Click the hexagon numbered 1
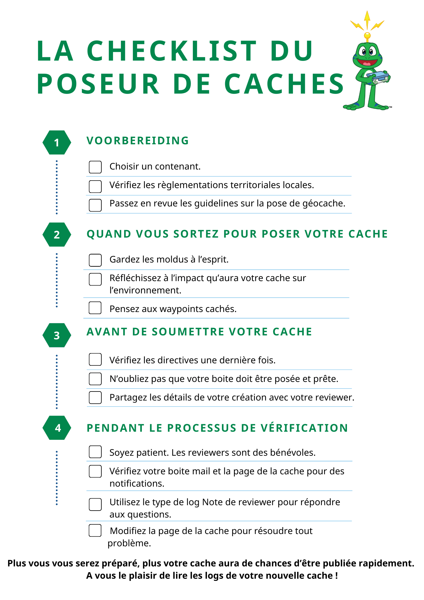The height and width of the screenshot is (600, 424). tap(57, 142)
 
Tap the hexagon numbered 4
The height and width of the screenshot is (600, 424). tap(57, 428)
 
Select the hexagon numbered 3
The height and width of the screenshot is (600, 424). tap(57, 335)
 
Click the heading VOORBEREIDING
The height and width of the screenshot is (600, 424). tap(138, 141)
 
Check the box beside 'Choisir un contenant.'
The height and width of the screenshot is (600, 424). tap(95, 167)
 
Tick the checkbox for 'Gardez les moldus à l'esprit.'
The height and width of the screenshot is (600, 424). tap(95, 260)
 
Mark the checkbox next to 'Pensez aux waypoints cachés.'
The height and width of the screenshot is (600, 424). tap(95, 308)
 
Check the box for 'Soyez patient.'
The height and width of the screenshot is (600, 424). tap(95, 452)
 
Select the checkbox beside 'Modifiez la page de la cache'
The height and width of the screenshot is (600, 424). tap(95, 530)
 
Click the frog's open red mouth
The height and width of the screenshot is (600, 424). tap(367, 63)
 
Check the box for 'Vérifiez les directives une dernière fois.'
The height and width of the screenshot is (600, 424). tap(95, 359)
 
